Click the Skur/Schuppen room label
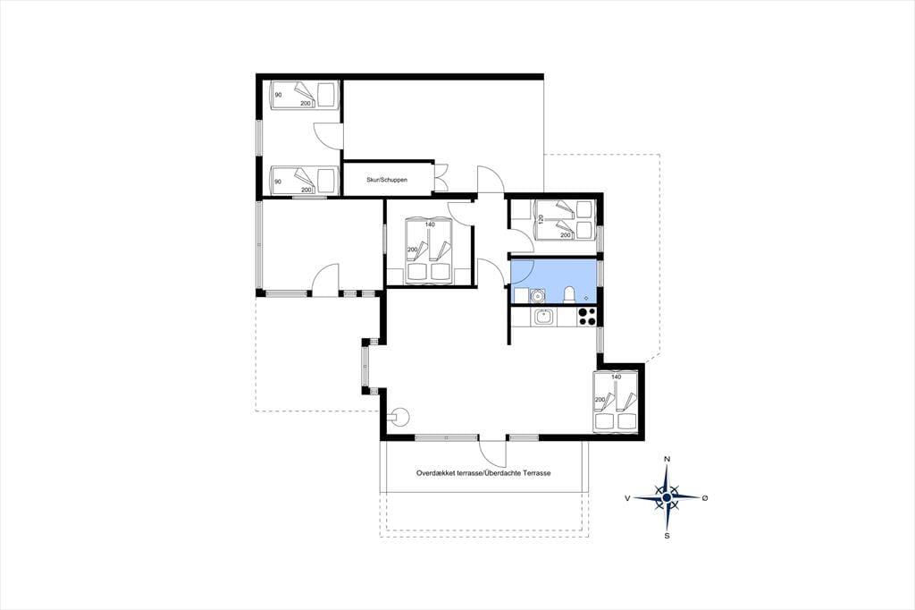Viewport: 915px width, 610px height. [387, 180]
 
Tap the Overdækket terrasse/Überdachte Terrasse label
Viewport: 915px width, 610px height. [483, 473]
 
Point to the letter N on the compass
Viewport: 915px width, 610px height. [667, 459]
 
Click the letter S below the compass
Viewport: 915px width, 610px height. [667, 535]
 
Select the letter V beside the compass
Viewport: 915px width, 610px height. [627, 498]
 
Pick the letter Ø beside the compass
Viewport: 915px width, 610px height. [706, 498]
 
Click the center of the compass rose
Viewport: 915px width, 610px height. [667, 498]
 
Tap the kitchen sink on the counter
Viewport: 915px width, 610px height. [544, 317]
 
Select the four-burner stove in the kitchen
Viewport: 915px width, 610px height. [586, 316]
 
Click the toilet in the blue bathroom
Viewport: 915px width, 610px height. [569, 296]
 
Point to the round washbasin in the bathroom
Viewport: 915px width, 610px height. [537, 297]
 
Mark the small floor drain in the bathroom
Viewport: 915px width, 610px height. [586, 298]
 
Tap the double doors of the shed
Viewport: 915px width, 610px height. [441, 177]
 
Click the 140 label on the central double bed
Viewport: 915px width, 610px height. [430, 225]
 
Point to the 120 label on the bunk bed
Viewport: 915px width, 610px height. [541, 220]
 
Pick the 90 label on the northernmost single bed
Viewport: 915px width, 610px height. [278, 95]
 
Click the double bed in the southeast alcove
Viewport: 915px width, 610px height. [617, 402]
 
